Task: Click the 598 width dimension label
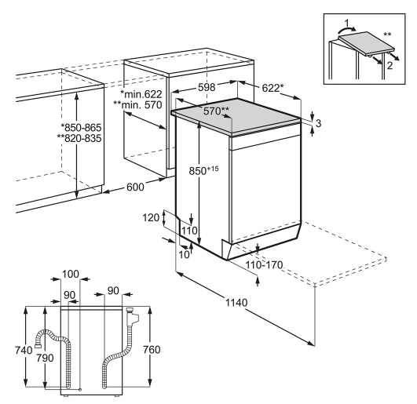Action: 207,87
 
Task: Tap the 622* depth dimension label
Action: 273,88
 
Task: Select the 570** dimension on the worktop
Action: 217,111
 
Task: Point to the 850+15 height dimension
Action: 203,170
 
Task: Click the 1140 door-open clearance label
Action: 236,303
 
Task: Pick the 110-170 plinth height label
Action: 264,265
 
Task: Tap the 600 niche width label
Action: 135,187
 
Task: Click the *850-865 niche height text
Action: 82,128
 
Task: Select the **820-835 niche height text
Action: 79,138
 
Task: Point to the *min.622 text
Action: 141,94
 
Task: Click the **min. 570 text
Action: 137,105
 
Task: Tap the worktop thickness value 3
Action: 318,123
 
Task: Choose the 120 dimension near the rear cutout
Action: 151,218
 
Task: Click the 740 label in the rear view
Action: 24,350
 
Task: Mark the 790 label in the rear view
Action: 45,358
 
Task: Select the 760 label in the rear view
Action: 152,350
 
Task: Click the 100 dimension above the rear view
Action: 71,274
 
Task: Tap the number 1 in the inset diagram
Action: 346,23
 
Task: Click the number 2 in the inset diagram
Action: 390,65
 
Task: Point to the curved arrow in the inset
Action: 346,28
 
